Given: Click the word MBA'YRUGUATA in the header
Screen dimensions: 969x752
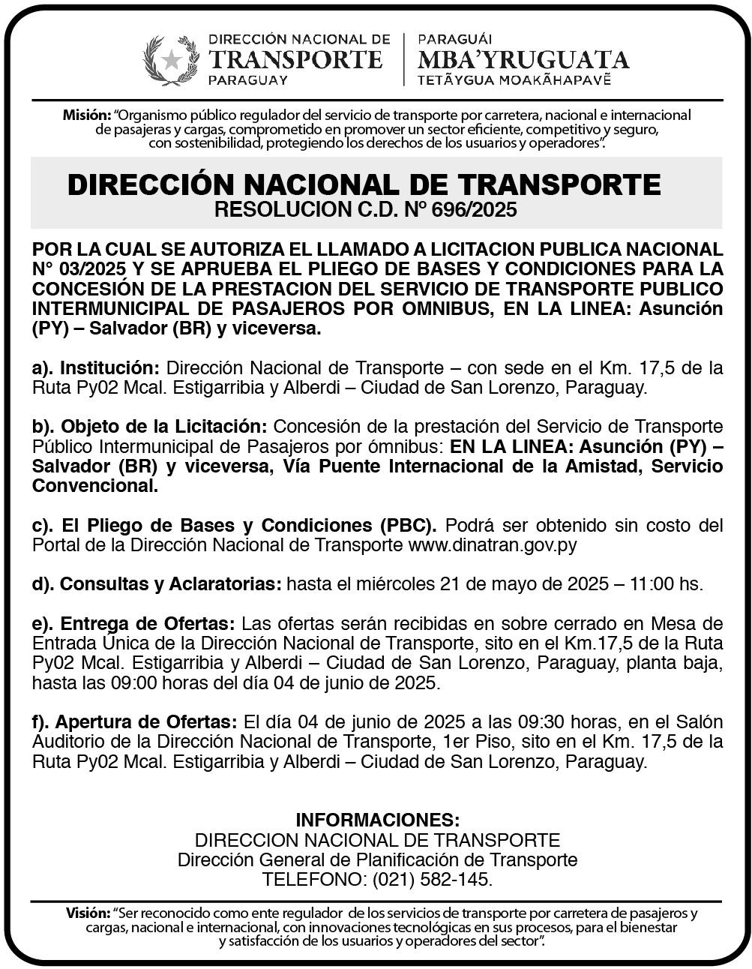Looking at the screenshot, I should click(523, 59).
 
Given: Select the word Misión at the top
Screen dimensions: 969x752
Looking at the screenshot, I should click(86, 115).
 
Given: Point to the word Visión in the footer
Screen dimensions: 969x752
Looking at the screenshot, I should click(88, 913).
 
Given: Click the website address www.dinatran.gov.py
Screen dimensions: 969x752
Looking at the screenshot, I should click(493, 544).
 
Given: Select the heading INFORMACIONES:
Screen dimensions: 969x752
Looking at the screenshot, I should click(377, 819).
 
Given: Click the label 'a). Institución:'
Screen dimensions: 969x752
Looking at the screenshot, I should click(96, 368).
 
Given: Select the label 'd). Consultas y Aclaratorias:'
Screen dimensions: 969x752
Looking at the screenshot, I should click(157, 583).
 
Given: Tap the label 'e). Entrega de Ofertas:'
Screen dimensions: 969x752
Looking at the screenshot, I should click(134, 624).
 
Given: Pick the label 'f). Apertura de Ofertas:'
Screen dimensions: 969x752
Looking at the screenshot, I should click(135, 722).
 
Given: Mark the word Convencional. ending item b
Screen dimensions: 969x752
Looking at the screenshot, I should click(95, 486).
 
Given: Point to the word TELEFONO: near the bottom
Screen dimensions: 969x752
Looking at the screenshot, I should click(314, 879).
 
